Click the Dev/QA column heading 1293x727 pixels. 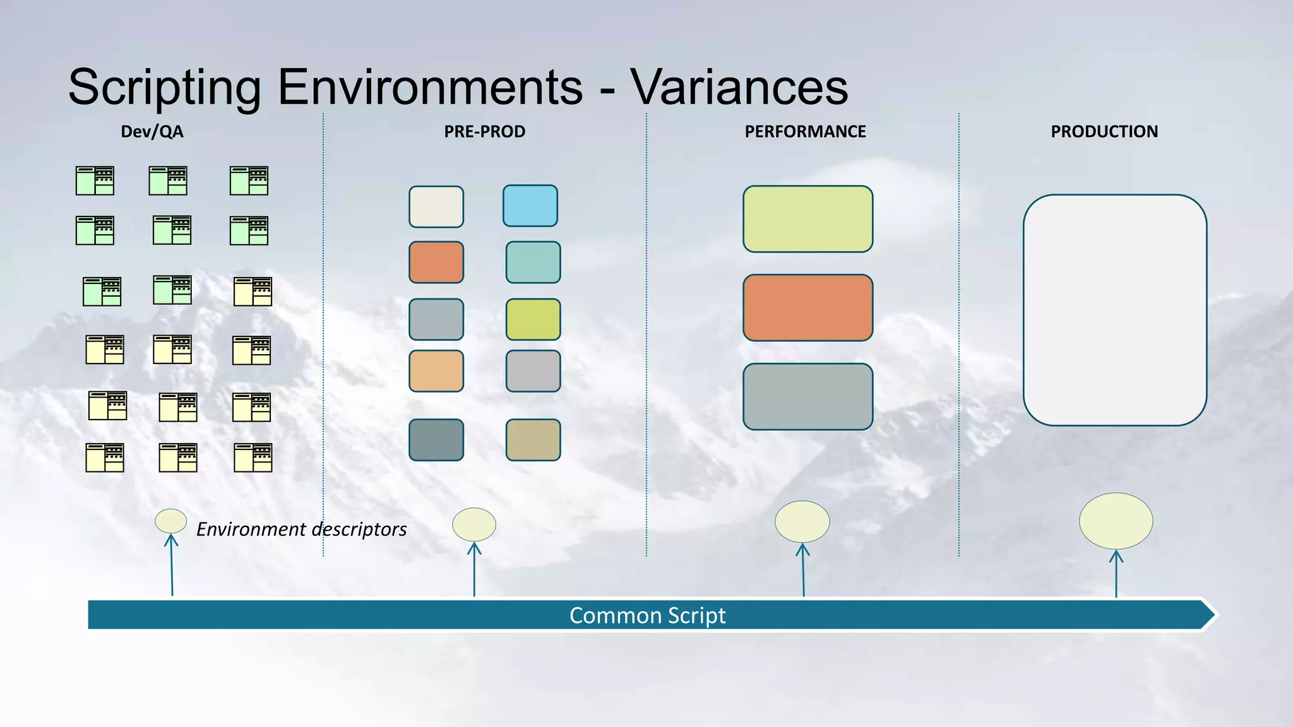point(152,132)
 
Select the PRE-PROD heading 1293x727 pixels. point(484,132)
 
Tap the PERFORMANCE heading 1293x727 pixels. point(805,132)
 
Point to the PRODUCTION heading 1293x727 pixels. point(1104,132)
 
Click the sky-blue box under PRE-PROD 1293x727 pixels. point(530,206)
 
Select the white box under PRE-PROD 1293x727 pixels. point(436,206)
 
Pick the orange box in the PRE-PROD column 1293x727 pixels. point(436,262)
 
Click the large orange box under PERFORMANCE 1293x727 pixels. point(807,307)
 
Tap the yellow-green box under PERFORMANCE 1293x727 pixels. point(807,219)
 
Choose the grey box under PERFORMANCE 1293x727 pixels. point(807,396)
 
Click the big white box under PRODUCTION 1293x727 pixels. point(1114,310)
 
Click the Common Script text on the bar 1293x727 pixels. point(647,615)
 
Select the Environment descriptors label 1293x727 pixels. point(301,529)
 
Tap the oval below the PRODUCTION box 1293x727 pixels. point(1116,521)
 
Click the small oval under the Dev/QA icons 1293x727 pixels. point(170,521)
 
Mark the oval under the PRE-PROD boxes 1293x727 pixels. point(474,524)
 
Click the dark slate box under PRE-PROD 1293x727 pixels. point(436,440)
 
